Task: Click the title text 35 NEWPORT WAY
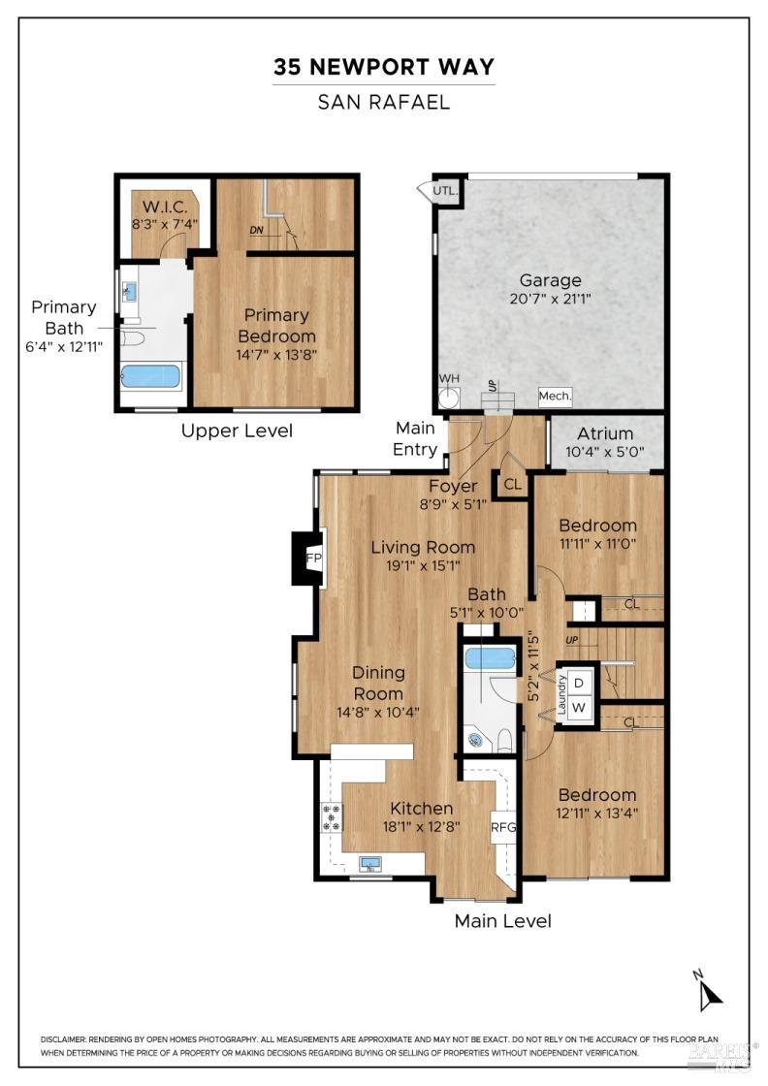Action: pos(384,67)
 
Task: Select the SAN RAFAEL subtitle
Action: pos(384,102)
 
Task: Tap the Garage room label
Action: pos(550,281)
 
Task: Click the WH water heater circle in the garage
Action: pos(448,397)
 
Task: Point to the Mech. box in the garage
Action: pos(556,396)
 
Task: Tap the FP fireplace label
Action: pos(313,559)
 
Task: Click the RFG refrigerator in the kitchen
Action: pos(503,827)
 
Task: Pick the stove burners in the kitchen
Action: pos(332,817)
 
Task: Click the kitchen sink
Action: pos(370,863)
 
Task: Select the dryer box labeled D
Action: pos(578,683)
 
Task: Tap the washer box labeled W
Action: pos(578,707)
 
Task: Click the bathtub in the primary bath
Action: pos(150,375)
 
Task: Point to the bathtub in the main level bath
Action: pos(490,658)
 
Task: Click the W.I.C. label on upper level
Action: pos(165,207)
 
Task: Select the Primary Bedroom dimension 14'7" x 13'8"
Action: pos(276,354)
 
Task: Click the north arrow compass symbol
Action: pos(711,992)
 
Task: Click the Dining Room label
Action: pos(377,683)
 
